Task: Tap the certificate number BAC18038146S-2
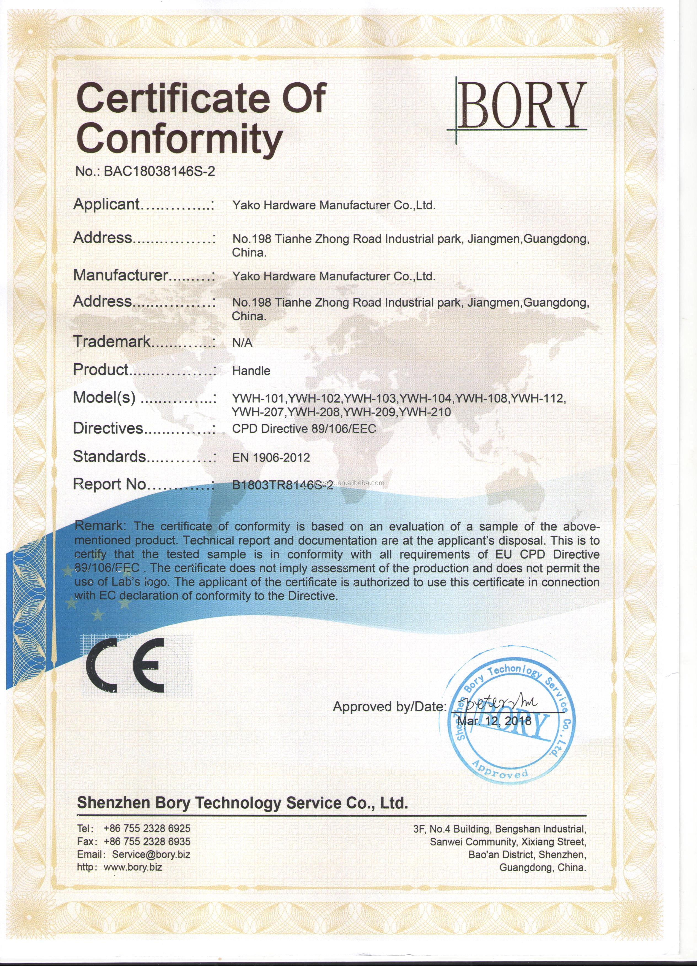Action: [x=159, y=171]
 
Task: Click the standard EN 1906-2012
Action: [x=271, y=458]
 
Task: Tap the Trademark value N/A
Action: [x=242, y=343]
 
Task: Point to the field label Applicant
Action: [x=106, y=204]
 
